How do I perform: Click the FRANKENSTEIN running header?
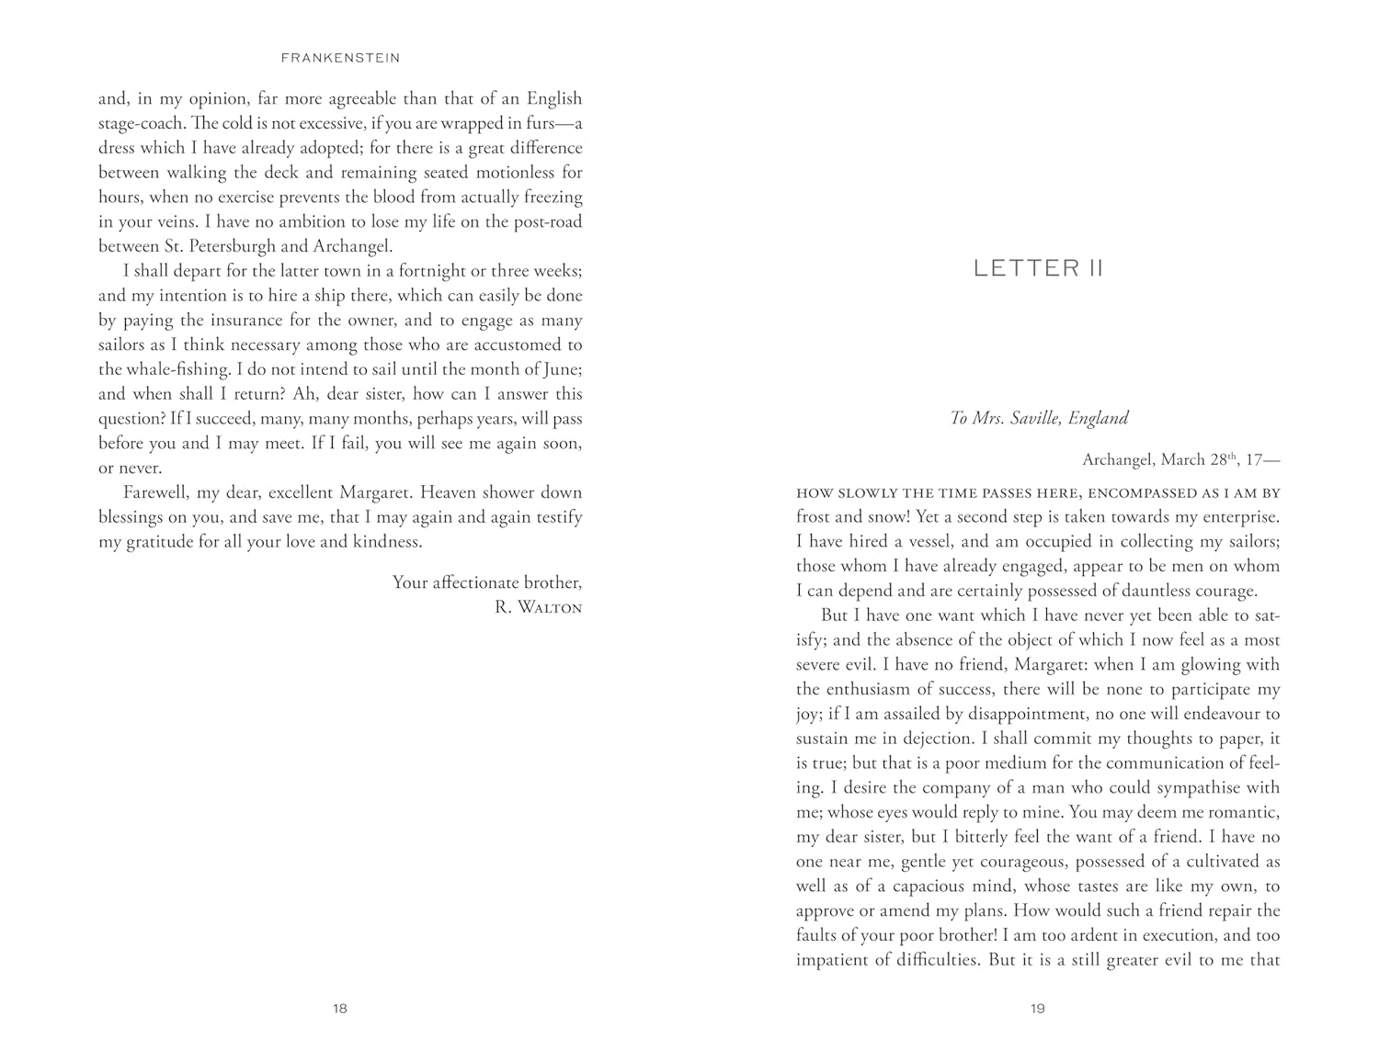coord(340,58)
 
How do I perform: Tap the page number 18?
coord(340,1009)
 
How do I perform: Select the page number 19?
coord(1038,1009)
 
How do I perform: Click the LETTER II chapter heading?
coord(1038,268)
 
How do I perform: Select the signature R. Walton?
coord(538,607)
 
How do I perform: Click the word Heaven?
coord(450,492)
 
